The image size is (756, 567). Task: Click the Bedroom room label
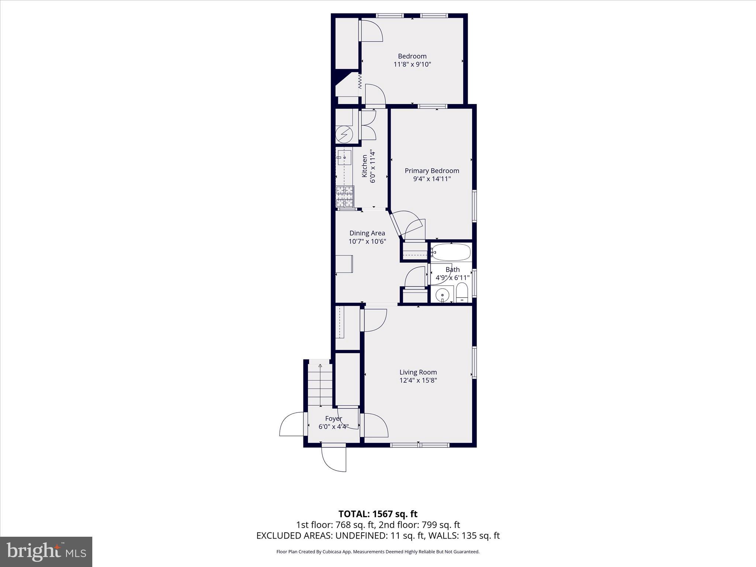[x=412, y=56]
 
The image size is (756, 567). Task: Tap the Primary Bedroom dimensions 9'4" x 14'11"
[x=432, y=179]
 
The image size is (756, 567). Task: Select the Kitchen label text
[x=364, y=166]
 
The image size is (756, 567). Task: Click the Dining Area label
[x=367, y=233]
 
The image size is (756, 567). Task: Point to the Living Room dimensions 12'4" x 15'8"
[x=418, y=380]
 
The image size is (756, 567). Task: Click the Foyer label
[x=334, y=419]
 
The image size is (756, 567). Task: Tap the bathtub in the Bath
[x=451, y=252]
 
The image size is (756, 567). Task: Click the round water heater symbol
[x=344, y=134]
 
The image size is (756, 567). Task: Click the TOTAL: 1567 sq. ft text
[x=378, y=514]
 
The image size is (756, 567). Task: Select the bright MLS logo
[x=46, y=552]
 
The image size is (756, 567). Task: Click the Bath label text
[x=453, y=269]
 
